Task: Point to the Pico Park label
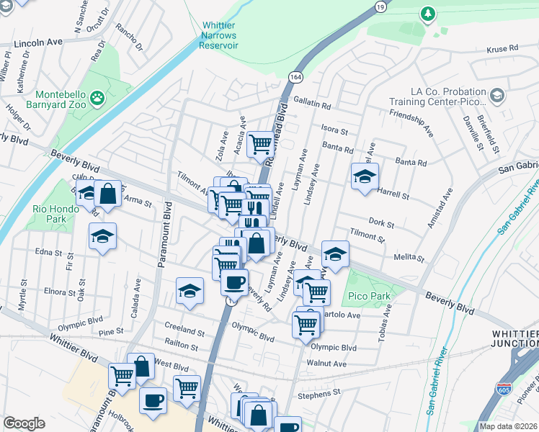pyautogui.click(x=368, y=296)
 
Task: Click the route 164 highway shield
pyautogui.click(x=297, y=76)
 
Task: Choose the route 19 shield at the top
pyautogui.click(x=380, y=6)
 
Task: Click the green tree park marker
pyautogui.click(x=428, y=14)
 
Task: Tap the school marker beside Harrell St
pyautogui.click(x=365, y=176)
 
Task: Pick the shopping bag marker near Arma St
pyautogui.click(x=107, y=193)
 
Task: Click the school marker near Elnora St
pyautogui.click(x=190, y=290)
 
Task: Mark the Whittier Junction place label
pyautogui.click(x=514, y=338)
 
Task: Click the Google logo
pyautogui.click(x=24, y=423)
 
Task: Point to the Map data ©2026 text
pyautogui.click(x=509, y=426)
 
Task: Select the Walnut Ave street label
pyautogui.click(x=328, y=364)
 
